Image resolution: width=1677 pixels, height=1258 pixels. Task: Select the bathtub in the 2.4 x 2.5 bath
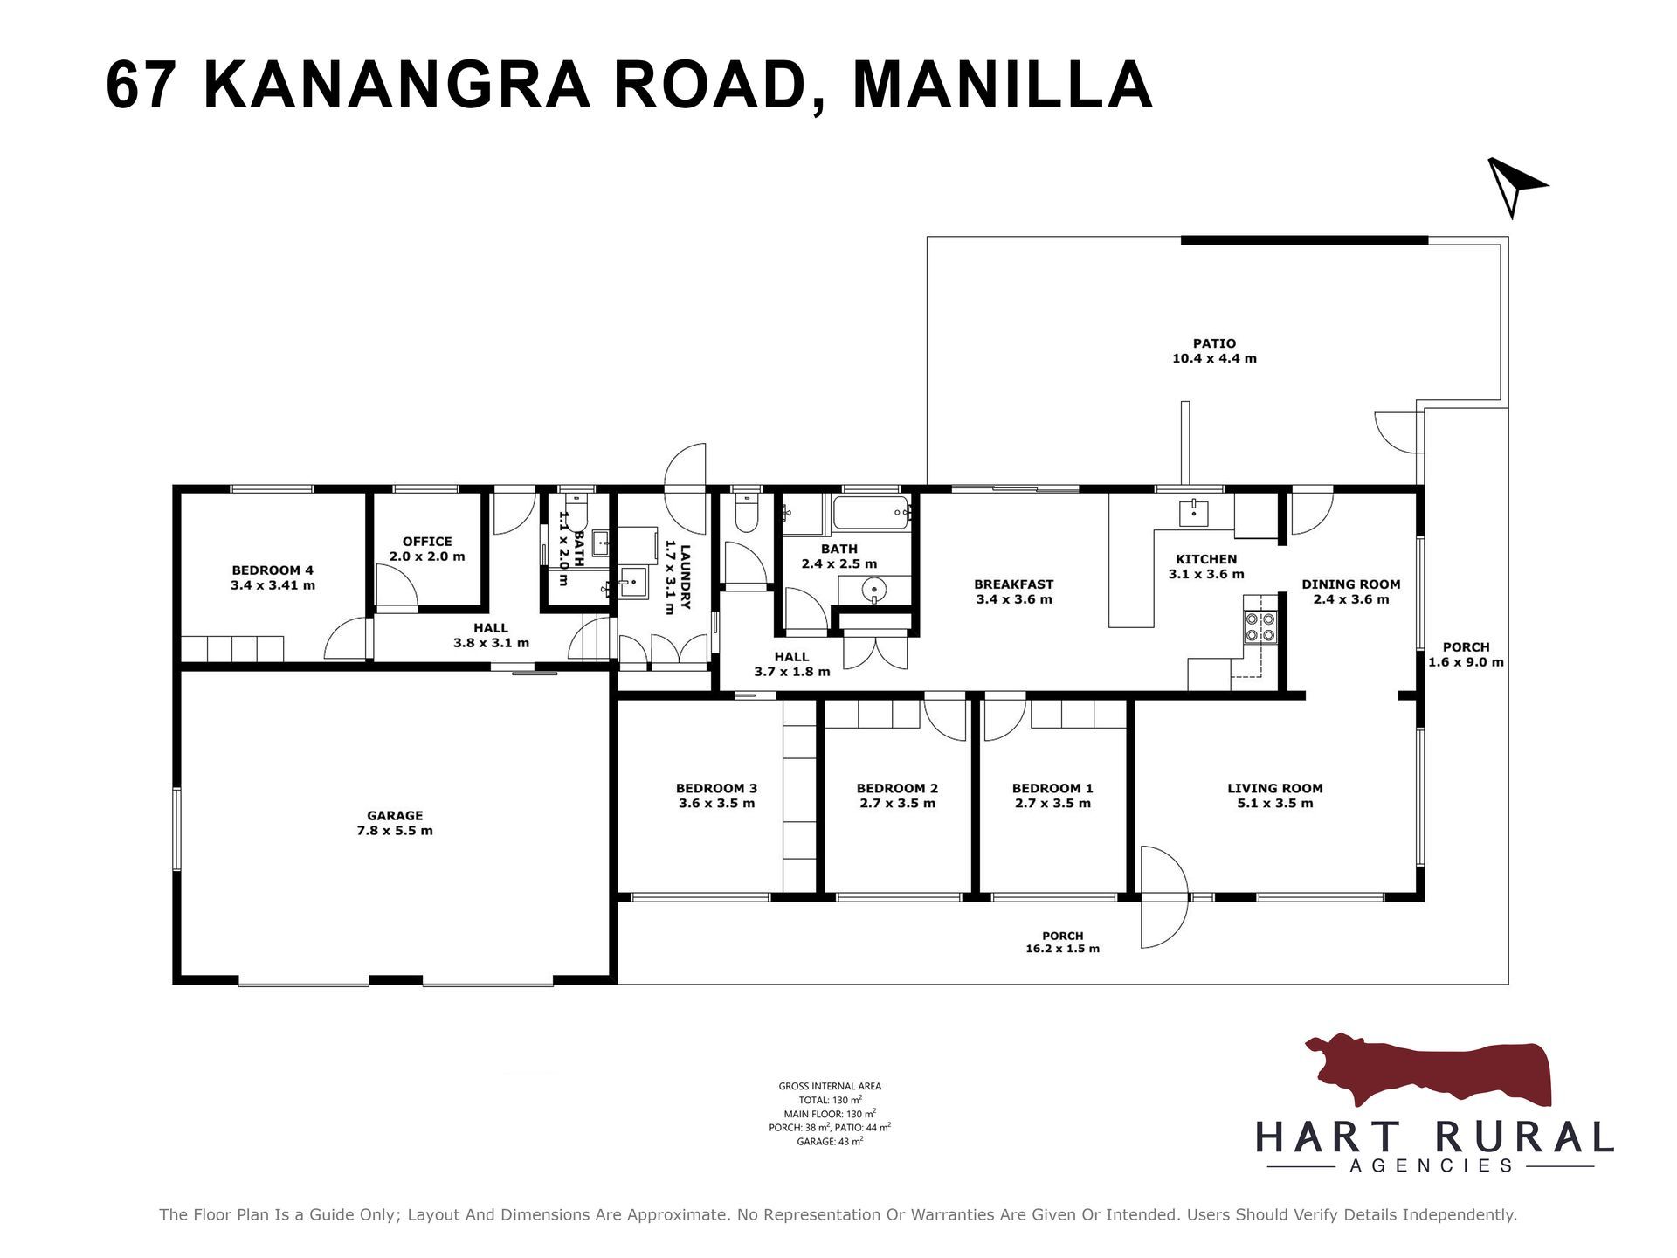872,513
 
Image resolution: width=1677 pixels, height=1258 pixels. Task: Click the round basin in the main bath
873,591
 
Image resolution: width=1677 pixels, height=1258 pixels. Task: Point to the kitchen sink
1193,513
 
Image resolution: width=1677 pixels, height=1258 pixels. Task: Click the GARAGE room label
395,815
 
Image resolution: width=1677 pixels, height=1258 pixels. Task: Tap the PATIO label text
1214,343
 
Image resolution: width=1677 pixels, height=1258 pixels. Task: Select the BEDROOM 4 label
273,570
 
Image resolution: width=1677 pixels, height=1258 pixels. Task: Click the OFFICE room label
427,541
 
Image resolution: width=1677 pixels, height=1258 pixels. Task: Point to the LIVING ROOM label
1275,788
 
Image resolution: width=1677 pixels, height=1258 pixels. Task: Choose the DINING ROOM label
1351,584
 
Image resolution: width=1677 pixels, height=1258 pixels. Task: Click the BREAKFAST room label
1014,584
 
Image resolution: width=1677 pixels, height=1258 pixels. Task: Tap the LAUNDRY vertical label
686,577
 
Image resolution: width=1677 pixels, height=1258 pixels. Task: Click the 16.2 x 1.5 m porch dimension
1063,949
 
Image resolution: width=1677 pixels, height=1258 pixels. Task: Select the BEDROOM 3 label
717,788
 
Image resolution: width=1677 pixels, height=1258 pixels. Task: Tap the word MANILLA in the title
1003,85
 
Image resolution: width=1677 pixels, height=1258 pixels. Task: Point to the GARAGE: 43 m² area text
830,1141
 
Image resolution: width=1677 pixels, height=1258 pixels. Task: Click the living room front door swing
1164,897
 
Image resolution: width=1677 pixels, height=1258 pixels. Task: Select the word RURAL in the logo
1523,1137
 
